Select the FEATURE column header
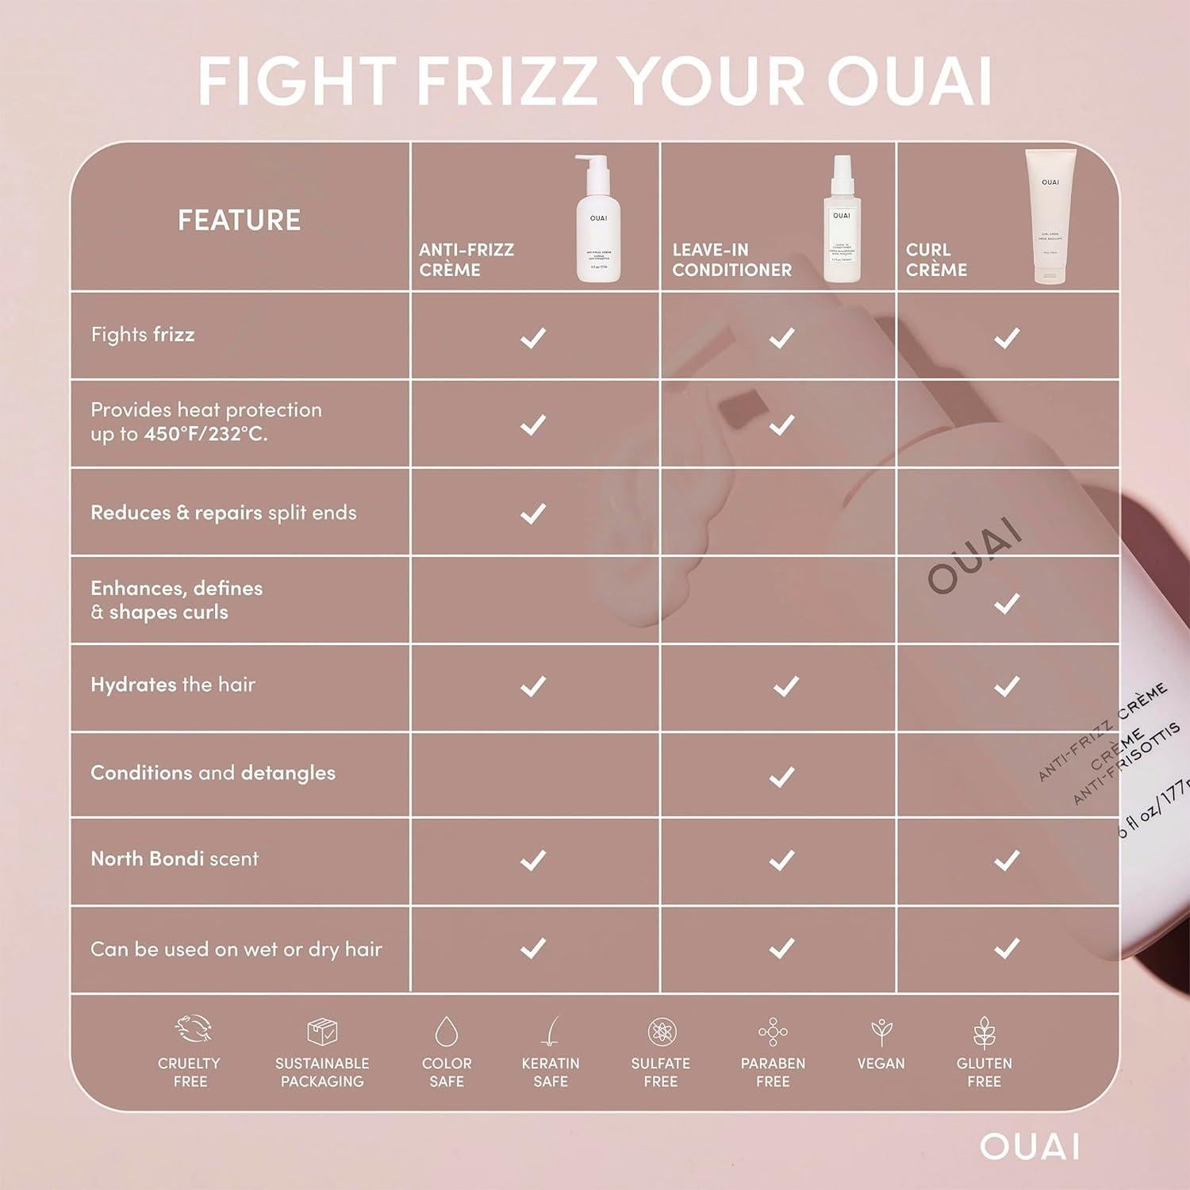click(x=239, y=220)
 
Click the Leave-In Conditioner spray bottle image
click(x=841, y=220)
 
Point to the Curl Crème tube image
click(x=1050, y=216)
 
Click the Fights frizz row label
click(x=143, y=335)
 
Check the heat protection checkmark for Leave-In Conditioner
click(x=781, y=424)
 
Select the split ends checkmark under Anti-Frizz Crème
click(x=533, y=513)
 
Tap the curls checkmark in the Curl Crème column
click(x=1007, y=604)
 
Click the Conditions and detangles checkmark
click(x=782, y=776)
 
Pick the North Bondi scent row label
click(x=175, y=859)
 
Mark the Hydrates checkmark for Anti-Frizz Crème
click(x=533, y=685)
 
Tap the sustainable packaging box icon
click(x=322, y=1031)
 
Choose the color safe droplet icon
click(x=447, y=1031)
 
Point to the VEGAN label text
click(x=881, y=1064)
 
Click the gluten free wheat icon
click(x=984, y=1031)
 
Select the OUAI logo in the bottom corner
click(x=1030, y=1146)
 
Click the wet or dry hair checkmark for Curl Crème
click(x=1007, y=947)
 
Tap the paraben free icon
click(x=773, y=1031)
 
